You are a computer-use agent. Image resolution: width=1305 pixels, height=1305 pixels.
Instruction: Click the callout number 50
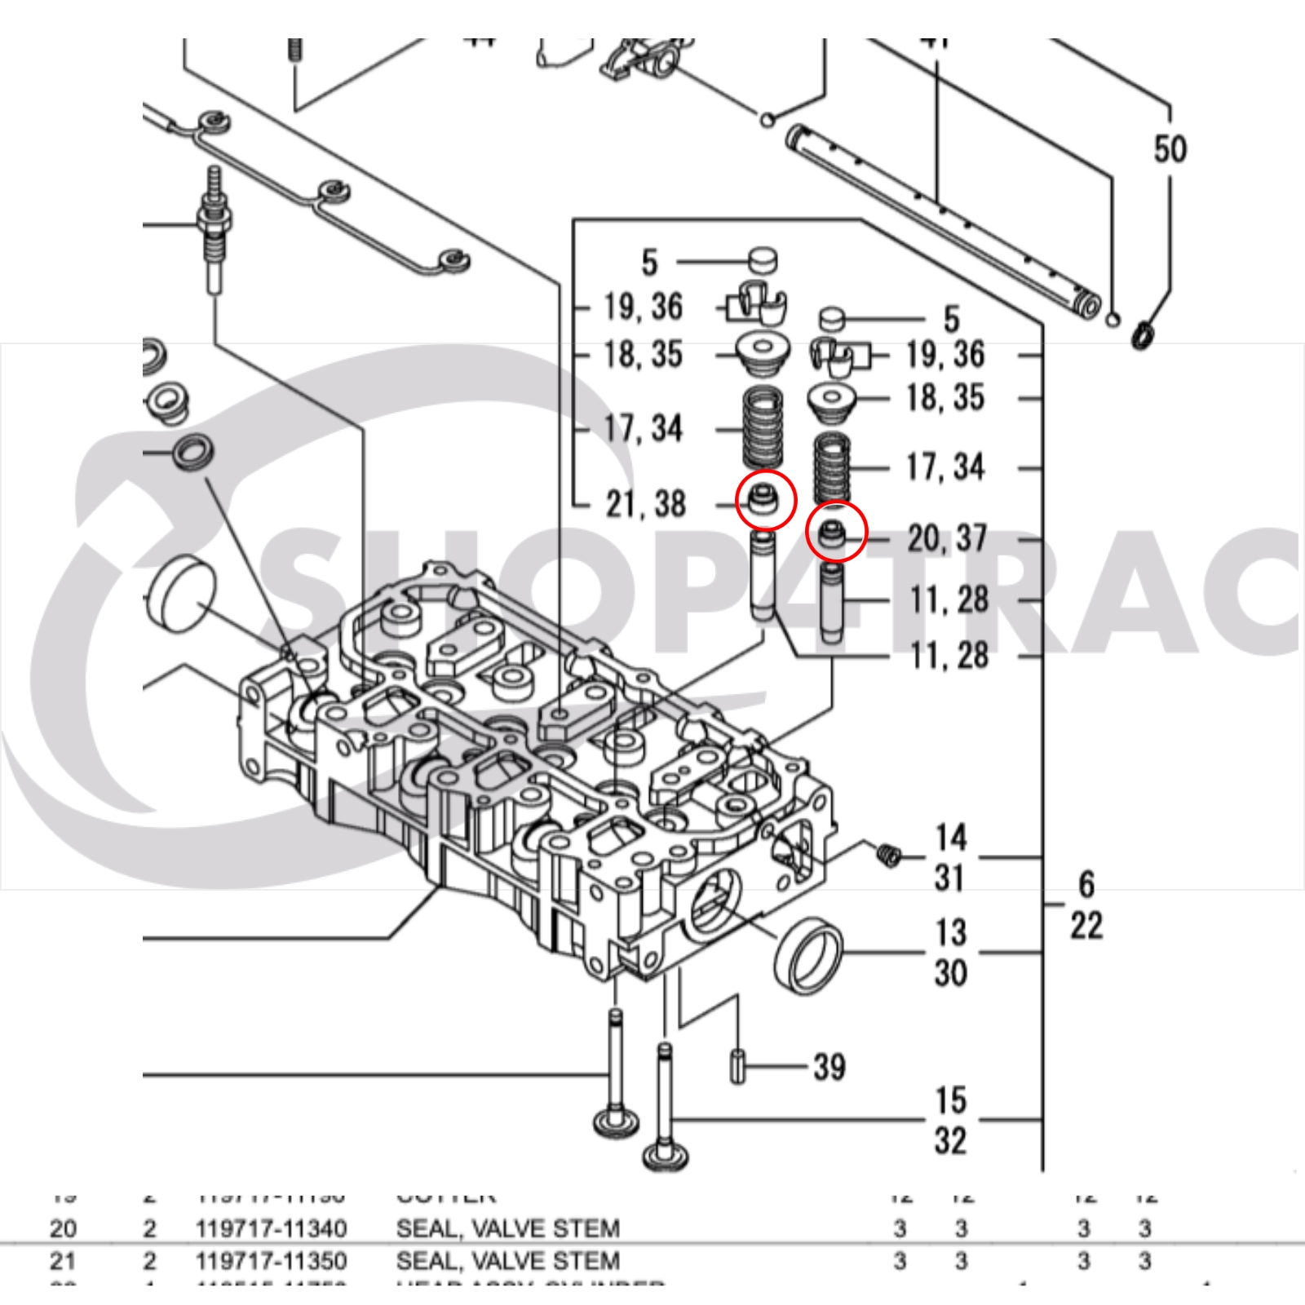pos(1169,149)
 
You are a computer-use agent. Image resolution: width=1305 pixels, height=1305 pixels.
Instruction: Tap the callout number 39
pos(829,1066)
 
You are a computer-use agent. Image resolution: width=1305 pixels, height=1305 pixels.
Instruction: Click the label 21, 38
pos(645,504)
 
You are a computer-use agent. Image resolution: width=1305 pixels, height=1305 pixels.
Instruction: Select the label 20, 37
pos(947,538)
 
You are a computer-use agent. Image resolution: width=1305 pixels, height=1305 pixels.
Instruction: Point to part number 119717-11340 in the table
pos(271,1228)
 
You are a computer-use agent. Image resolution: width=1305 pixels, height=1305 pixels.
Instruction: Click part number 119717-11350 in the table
pos(271,1261)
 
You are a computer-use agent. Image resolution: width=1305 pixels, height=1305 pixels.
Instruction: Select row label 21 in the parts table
pos(63,1261)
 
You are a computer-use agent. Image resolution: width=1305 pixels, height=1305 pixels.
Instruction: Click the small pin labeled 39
pos(737,1067)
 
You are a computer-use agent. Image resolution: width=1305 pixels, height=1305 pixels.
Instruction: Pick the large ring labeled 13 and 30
pos(807,955)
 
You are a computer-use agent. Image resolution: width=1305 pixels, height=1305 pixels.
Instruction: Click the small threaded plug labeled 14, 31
pos(889,854)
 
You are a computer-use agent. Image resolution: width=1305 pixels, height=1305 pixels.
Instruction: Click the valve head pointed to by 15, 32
pos(666,1155)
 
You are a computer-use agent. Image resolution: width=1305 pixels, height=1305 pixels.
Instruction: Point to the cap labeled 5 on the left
pos(763,260)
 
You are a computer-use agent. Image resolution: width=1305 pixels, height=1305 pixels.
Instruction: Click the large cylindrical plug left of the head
pos(181,594)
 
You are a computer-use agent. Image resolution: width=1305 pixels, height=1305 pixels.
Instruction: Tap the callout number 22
pos(1086,926)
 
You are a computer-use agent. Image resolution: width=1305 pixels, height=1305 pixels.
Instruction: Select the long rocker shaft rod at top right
pos(938,216)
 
